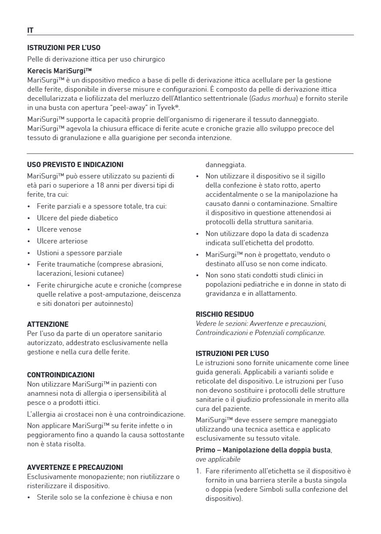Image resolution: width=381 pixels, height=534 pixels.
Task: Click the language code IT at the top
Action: (x=31, y=30)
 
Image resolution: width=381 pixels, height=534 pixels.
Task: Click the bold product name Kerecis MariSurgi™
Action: (x=59, y=70)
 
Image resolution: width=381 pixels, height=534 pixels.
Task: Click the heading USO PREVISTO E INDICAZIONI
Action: (x=75, y=165)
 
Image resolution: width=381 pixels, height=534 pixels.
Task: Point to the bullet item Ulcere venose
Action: (x=59, y=229)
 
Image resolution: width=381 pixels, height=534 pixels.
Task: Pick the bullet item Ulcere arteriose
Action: (x=62, y=241)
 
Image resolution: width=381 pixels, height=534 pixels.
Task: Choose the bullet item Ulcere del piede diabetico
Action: (x=77, y=218)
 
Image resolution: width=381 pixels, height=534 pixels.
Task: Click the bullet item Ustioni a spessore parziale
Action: (x=79, y=253)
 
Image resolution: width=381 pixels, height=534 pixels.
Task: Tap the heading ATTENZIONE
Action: (x=48, y=325)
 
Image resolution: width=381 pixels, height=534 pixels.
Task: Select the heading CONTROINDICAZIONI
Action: (x=61, y=375)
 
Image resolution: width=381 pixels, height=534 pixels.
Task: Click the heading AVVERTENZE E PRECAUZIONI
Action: (x=75, y=468)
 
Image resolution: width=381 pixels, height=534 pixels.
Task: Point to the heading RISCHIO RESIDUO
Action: (x=225, y=314)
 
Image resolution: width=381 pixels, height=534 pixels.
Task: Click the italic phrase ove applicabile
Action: (x=218, y=459)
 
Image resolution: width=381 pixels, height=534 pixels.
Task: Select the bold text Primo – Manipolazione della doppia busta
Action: (x=263, y=450)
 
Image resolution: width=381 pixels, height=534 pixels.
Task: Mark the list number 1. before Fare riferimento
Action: (x=199, y=471)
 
